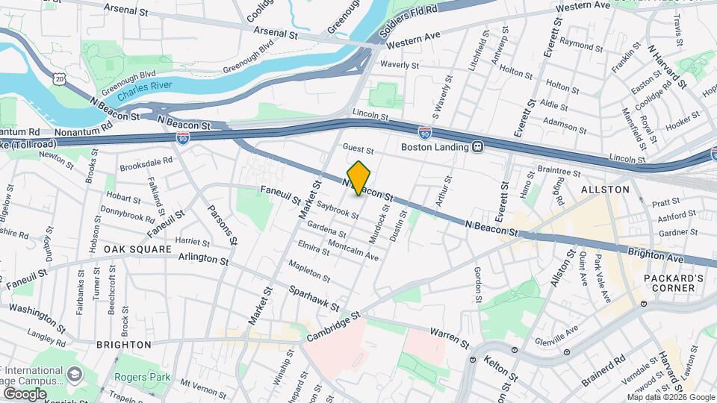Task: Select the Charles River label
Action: pos(149,86)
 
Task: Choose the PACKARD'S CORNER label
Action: pos(674,284)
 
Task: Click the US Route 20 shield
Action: pos(60,78)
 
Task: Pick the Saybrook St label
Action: pos(337,209)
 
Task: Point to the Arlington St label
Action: pos(203,259)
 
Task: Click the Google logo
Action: pos(25,393)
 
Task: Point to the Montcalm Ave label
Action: pos(353,250)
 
